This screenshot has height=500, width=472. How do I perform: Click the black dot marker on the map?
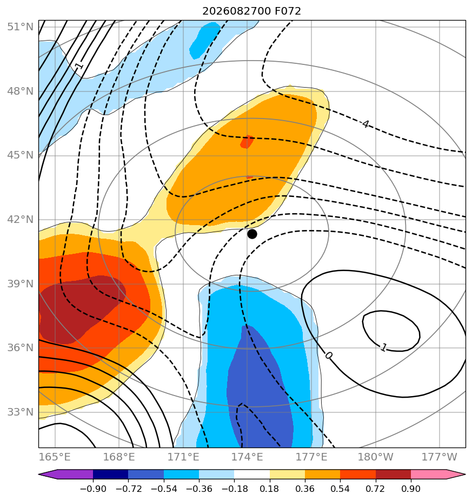[252, 234]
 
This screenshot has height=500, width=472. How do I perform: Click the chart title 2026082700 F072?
[251, 11]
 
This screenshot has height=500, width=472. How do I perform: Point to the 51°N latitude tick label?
[20, 27]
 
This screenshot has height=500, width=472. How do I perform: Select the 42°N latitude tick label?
[20, 219]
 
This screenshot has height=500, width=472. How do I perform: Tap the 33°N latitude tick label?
[20, 412]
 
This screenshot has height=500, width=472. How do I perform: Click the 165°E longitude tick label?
[55, 457]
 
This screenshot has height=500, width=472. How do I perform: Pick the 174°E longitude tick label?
[247, 457]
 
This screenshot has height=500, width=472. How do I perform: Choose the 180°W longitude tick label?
[375, 457]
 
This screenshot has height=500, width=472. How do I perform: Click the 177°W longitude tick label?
[440, 457]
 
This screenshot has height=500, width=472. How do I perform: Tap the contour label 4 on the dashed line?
[365, 124]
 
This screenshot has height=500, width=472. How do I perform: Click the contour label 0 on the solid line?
[329, 355]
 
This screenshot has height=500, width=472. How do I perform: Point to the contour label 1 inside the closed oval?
[384, 347]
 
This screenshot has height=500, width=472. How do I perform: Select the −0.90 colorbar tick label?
[93, 489]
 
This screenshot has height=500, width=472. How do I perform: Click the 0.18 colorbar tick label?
[270, 489]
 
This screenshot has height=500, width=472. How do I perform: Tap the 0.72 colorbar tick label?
[375, 489]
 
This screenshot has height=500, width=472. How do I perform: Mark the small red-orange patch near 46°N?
[247, 142]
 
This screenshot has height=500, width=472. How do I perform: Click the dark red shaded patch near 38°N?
[79, 308]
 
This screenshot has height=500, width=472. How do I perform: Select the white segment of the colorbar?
[252, 474]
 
